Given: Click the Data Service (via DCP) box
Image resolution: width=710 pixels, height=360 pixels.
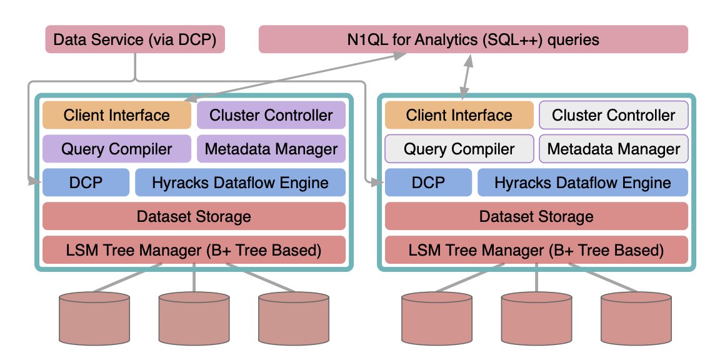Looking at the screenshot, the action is pyautogui.click(x=135, y=39).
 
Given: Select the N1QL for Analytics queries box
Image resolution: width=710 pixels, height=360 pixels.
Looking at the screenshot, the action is pyautogui.click(x=473, y=39).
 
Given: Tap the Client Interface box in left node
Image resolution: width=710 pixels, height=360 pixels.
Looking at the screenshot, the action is pyautogui.click(x=117, y=115).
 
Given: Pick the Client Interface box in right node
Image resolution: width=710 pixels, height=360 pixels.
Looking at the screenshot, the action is pyautogui.click(x=459, y=115).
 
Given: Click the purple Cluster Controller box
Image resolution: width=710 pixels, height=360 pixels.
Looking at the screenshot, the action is pyautogui.click(x=271, y=115).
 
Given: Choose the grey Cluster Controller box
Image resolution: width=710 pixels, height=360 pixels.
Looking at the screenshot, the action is pyautogui.click(x=614, y=115).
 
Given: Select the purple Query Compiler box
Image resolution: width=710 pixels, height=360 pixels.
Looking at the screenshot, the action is pyautogui.click(x=117, y=149).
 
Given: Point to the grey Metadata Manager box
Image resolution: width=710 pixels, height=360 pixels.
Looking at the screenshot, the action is pyautogui.click(x=614, y=149).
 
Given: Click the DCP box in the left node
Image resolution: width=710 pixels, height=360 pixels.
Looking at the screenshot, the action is pyautogui.click(x=86, y=182).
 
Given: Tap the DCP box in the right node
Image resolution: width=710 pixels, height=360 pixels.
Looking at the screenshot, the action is pyautogui.click(x=428, y=182).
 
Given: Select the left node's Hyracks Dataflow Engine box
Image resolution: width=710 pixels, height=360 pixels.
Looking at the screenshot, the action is pyautogui.click(x=241, y=182).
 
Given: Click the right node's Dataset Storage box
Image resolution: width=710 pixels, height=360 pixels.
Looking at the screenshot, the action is pyautogui.click(x=537, y=216).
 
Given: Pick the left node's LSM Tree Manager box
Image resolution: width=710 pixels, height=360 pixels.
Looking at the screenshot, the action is pyautogui.click(x=194, y=250).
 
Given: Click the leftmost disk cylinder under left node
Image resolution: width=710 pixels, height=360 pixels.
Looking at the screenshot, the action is pyautogui.click(x=94, y=319).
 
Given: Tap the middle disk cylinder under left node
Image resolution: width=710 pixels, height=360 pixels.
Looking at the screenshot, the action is pyautogui.click(x=194, y=319).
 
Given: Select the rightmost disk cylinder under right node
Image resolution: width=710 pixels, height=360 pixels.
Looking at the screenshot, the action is pyautogui.click(x=636, y=319).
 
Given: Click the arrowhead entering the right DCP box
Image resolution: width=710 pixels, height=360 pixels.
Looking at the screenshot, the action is pyautogui.click(x=377, y=182).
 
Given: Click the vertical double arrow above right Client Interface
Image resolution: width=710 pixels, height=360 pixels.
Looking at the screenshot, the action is pyautogui.click(x=466, y=76).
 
